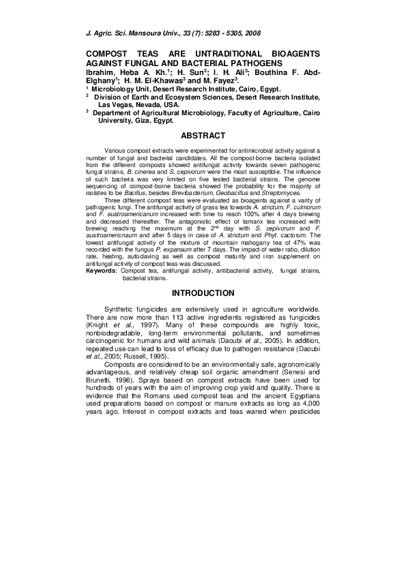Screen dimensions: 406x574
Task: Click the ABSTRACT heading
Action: coord(203,135)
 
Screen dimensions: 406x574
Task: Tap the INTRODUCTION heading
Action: coord(203,293)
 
